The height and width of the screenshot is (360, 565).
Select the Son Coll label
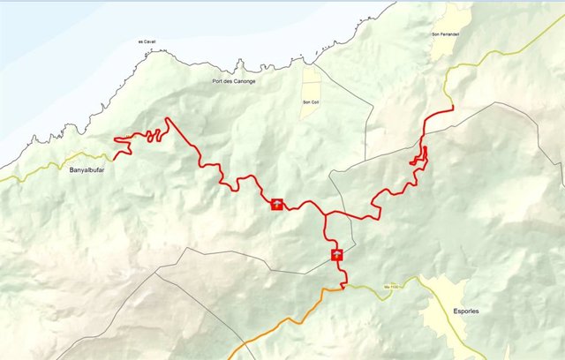coord(311,101)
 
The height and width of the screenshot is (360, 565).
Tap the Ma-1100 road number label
coord(393,286)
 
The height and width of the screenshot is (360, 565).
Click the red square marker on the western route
coord(277,205)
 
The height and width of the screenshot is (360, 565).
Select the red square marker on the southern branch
coord(336,256)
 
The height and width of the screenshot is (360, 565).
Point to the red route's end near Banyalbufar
coord(115,158)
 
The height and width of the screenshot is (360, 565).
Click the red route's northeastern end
coord(452,108)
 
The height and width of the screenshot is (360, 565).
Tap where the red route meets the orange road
coord(343,287)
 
